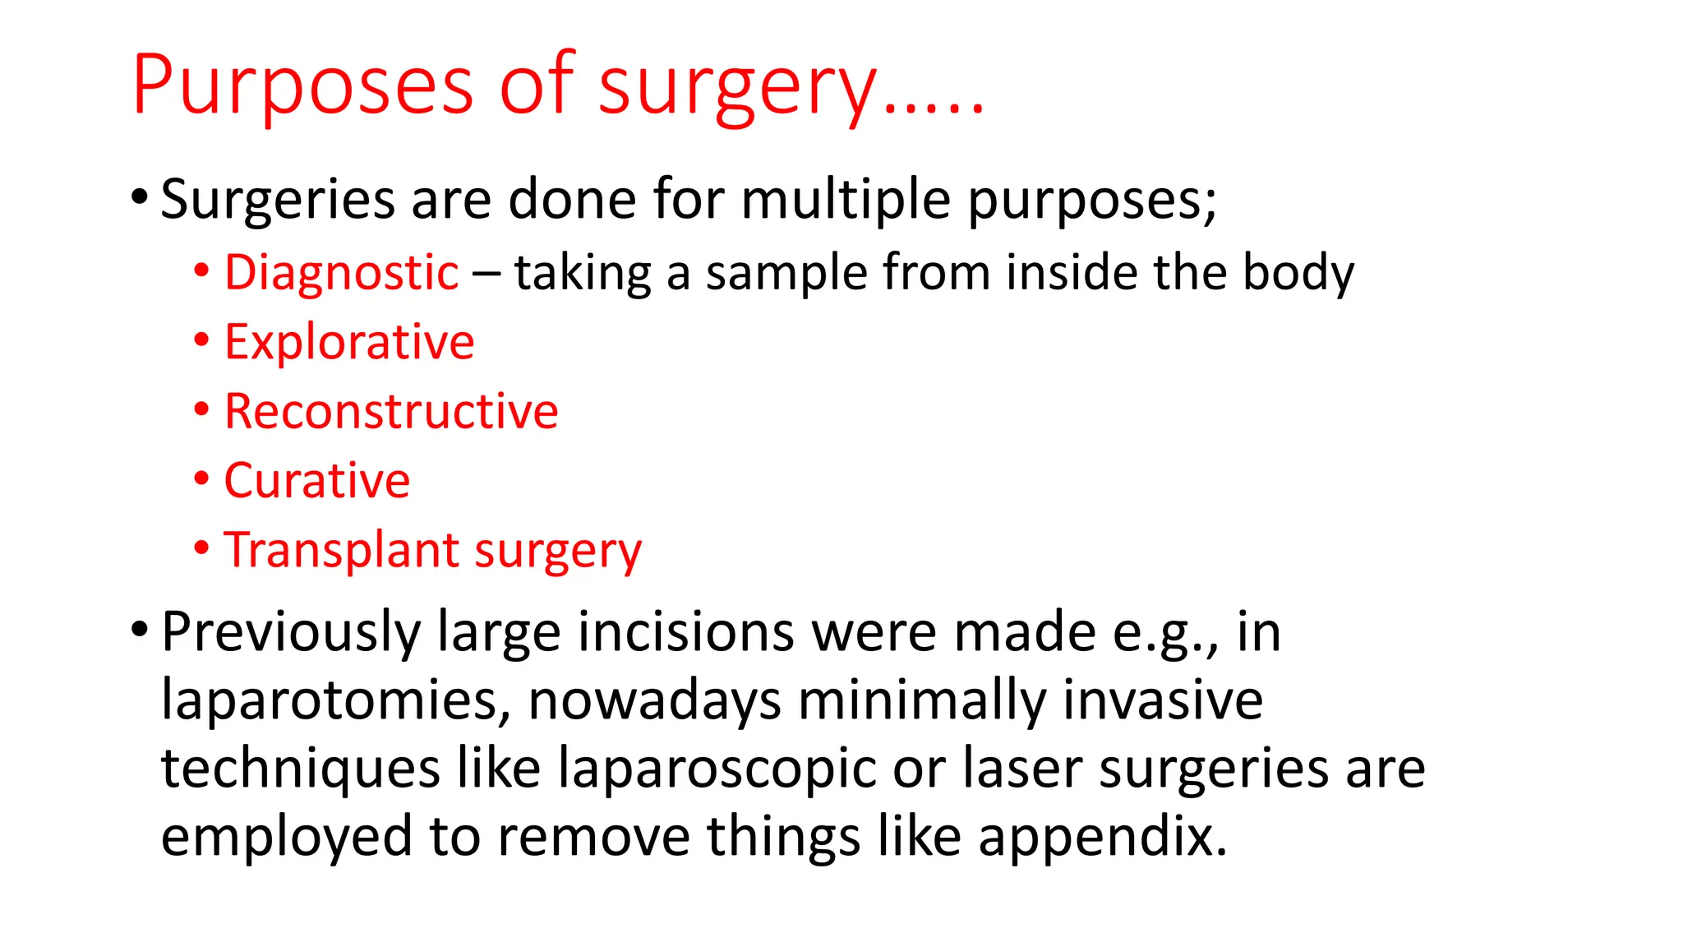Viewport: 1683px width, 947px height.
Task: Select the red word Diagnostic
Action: [x=341, y=273]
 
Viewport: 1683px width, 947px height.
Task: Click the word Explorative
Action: [x=349, y=342]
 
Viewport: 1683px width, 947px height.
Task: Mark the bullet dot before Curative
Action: [x=202, y=478]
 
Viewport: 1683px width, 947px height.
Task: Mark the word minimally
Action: [x=922, y=700]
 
